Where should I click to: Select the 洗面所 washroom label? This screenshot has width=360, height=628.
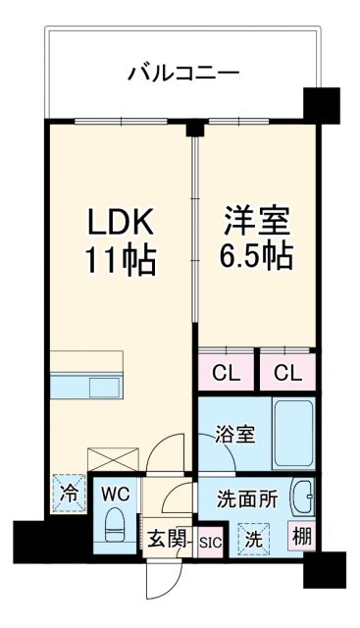point(245,498)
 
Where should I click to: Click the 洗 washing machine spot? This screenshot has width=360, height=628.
point(253,538)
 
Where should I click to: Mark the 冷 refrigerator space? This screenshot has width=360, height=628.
point(69,493)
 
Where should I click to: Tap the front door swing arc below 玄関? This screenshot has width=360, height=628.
point(158,579)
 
